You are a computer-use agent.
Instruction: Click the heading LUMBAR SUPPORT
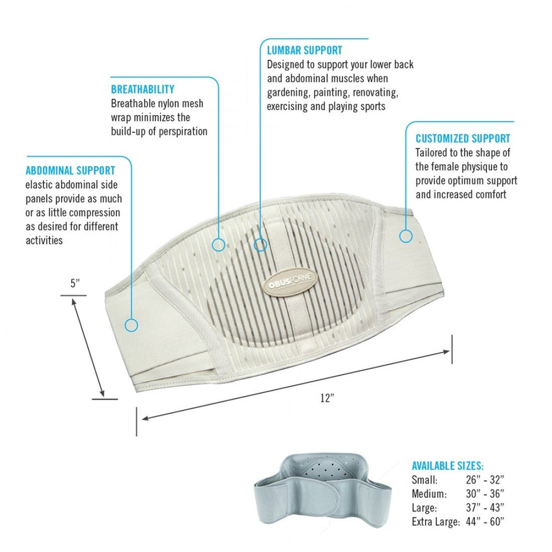(304, 50)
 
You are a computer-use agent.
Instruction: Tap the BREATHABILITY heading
(142, 90)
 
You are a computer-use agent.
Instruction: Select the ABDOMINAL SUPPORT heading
(70, 171)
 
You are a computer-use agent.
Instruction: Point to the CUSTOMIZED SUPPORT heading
(462, 138)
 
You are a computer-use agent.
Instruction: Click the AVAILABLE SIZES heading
(447, 466)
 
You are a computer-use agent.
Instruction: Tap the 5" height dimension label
(75, 283)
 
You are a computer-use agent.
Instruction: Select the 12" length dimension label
(327, 398)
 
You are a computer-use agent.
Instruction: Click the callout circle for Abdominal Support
(132, 325)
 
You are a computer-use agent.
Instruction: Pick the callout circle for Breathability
(219, 244)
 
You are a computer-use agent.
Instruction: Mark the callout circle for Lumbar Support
(260, 244)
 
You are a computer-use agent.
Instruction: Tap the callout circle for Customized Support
(405, 236)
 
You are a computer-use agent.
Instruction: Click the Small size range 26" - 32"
(485, 480)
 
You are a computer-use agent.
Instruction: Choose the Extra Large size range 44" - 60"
(485, 521)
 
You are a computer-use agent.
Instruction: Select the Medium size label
(429, 494)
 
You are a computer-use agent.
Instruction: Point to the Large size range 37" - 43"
(485, 507)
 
